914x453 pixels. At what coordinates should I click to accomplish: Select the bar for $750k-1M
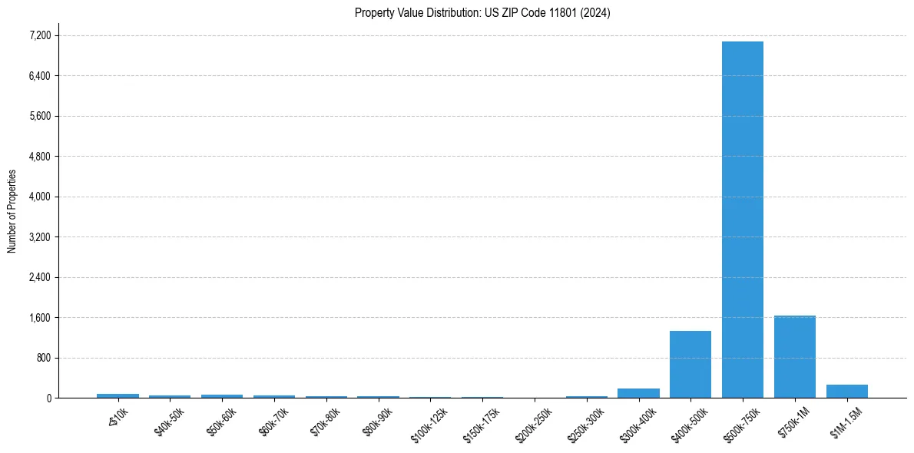point(794,357)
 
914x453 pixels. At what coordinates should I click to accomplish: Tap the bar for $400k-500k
point(690,365)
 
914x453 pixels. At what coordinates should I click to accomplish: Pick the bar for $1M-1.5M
point(846,391)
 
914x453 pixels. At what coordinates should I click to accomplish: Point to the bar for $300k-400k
point(638,393)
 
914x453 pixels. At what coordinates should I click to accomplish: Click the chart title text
point(482,13)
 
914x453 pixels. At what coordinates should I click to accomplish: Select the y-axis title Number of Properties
point(12,210)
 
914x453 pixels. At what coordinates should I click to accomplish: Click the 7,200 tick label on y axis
point(40,35)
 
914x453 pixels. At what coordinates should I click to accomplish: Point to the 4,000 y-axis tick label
point(40,197)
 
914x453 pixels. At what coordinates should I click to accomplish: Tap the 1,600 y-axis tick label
point(40,318)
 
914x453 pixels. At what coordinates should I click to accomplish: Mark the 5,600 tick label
point(40,116)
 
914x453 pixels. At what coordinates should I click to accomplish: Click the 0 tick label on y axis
point(48,398)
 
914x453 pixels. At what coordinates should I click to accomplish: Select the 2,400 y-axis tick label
point(40,277)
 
